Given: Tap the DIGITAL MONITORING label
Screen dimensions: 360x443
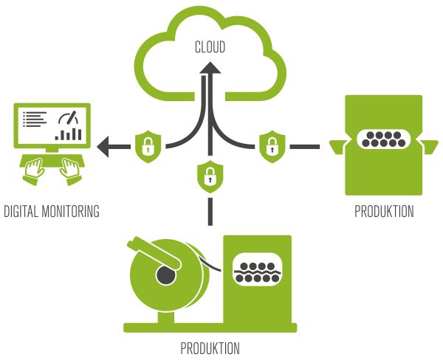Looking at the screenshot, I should click(51, 212).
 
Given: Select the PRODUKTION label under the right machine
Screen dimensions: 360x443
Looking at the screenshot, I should click(383, 212).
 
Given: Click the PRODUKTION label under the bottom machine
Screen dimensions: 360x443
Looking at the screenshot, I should click(210, 347).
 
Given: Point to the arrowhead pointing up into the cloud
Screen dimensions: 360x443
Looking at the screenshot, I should click(210, 69).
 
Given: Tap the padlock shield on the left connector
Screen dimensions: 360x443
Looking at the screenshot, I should click(147, 146).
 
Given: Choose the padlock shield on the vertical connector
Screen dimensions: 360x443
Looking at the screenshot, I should click(210, 176).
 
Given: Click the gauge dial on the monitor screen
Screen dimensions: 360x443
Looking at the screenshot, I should click(70, 120).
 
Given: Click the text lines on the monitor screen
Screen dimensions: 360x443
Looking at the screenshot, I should click(35, 119).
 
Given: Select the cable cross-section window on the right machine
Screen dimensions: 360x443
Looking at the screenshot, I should click(383, 140).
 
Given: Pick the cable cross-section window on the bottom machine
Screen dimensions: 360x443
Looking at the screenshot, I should click(255, 271).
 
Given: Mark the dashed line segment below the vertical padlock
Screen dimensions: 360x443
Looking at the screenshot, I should click(210, 210).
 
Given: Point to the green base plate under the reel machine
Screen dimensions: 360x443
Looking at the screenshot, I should click(210, 326).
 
